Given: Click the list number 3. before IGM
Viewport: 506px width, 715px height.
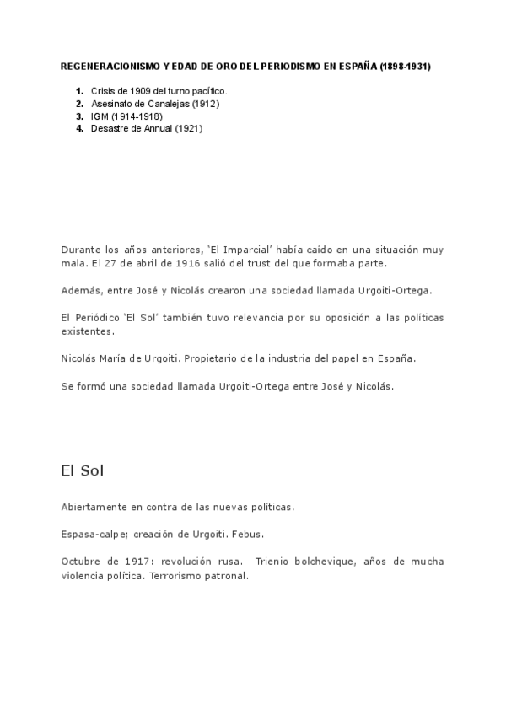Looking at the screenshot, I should tap(79, 116).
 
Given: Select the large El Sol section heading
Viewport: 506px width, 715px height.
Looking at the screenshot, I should tap(82, 470).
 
